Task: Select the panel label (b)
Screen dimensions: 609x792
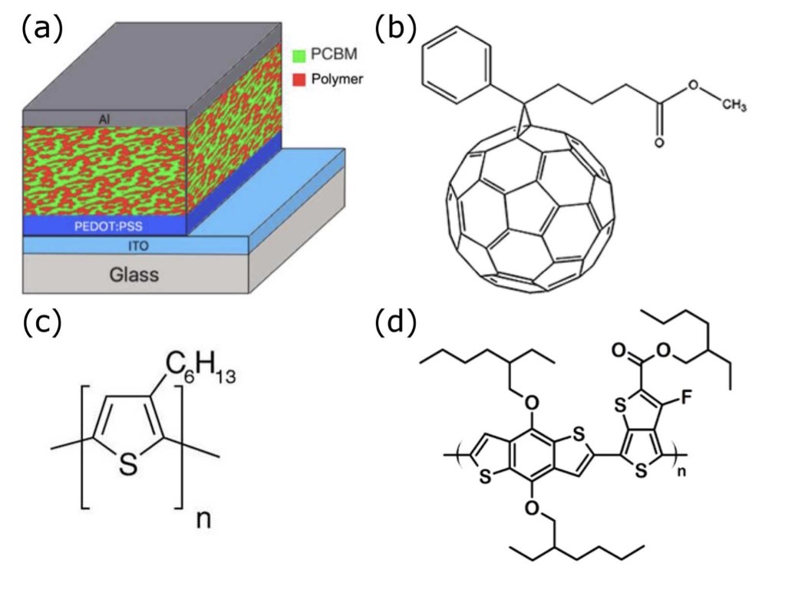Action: [394, 29]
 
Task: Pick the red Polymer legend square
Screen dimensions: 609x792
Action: [300, 79]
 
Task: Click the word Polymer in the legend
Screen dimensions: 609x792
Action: [341, 79]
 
